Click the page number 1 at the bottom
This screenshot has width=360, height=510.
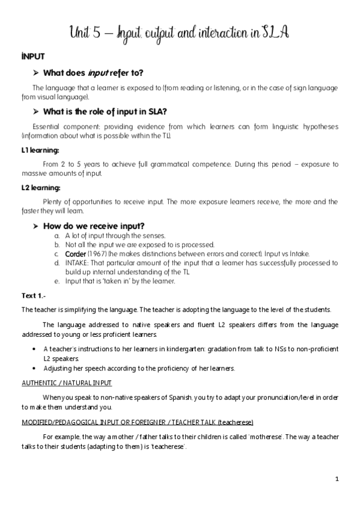coord(337,479)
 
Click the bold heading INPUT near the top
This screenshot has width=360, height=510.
coord(31,56)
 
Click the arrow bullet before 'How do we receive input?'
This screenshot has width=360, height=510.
coord(37,226)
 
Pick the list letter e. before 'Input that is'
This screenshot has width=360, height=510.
coord(56,281)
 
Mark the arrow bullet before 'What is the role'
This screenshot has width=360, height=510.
coord(37,111)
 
